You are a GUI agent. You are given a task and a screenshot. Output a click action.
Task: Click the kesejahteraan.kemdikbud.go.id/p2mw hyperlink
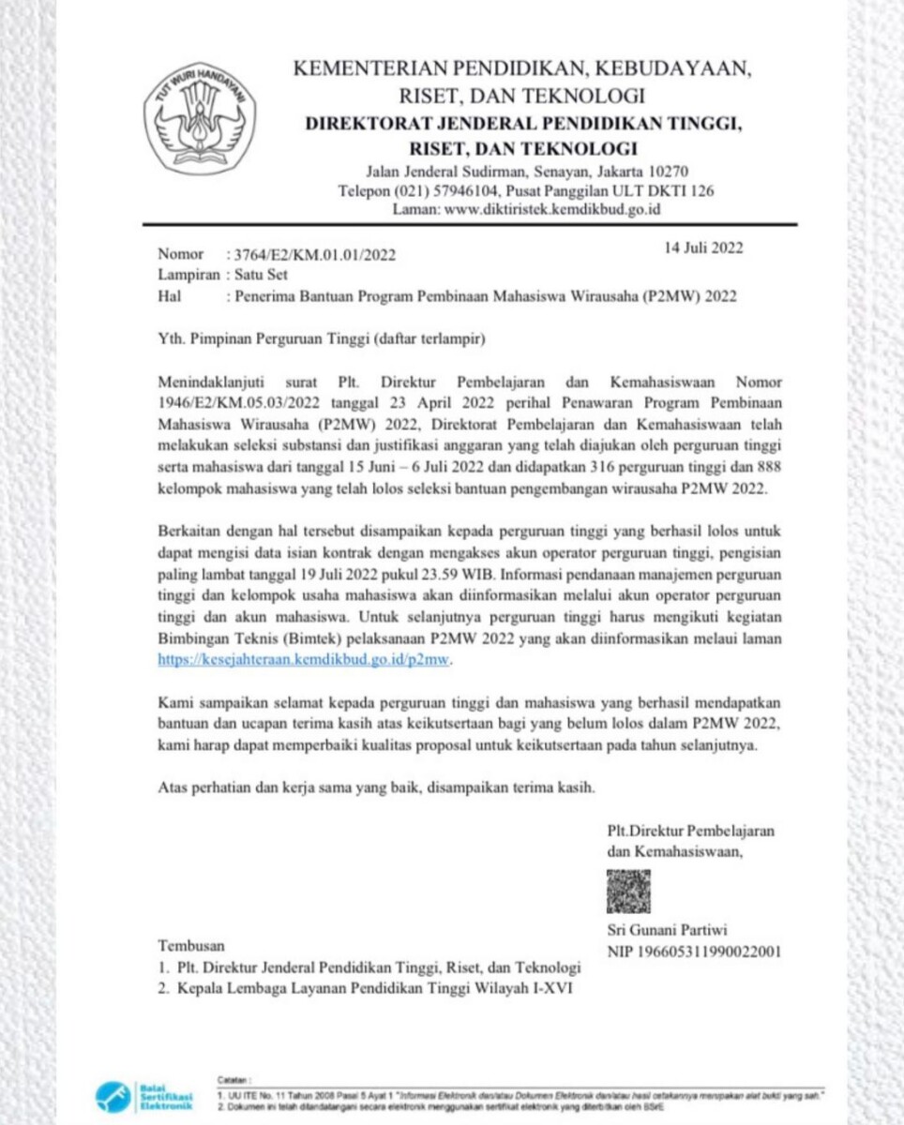[x=305, y=660]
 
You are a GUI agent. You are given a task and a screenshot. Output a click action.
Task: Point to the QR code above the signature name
[x=628, y=892]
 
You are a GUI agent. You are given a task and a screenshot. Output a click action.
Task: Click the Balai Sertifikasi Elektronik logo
[x=141, y=1096]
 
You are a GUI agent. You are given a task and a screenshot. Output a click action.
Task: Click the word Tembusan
[x=191, y=945]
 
